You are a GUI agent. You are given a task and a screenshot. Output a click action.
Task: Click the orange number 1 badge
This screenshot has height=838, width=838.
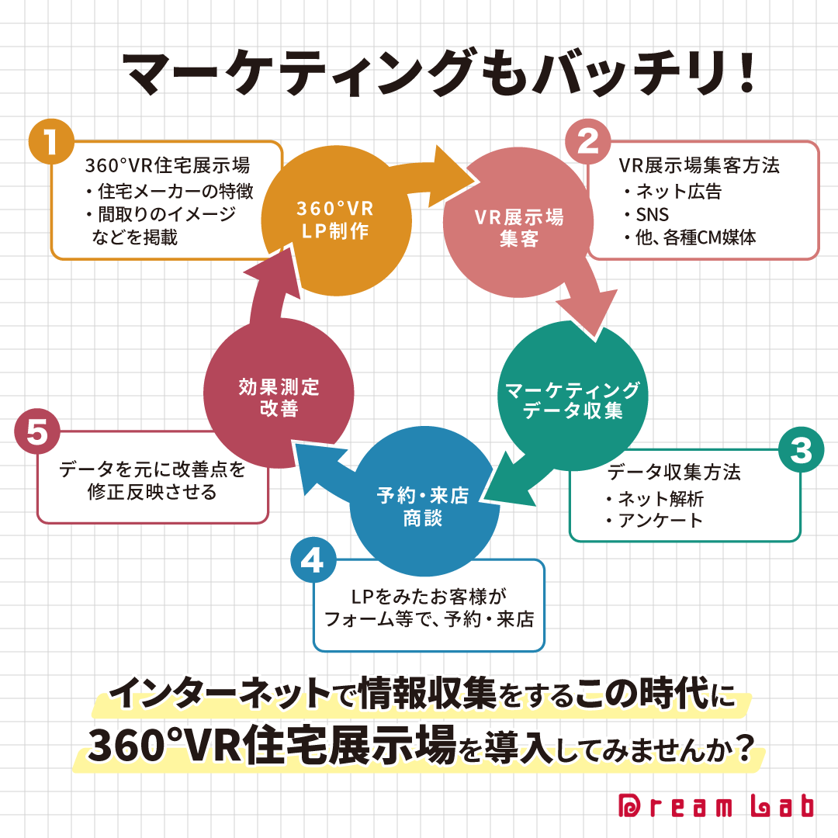[51, 143]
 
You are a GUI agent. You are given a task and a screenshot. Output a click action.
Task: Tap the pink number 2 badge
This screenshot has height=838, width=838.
[588, 142]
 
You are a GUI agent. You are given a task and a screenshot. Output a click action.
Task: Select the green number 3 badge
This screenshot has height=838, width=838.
[801, 450]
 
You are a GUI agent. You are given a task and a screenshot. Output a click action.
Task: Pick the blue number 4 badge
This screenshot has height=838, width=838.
[312, 560]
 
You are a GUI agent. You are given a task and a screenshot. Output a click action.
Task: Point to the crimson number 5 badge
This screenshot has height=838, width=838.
[37, 433]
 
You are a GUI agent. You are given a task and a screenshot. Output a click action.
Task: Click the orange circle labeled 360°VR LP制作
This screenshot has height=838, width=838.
[335, 220]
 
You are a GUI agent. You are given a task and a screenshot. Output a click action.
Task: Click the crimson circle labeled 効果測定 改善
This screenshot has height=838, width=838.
[279, 397]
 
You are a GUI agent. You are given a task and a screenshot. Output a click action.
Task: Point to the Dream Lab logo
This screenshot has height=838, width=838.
[715, 806]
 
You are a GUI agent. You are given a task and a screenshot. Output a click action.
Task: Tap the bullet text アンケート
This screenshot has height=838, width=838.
[660, 521]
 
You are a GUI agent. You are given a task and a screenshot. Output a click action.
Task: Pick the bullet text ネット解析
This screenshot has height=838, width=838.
[660, 497]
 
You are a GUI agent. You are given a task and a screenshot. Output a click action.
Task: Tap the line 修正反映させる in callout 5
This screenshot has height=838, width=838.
[151, 493]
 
